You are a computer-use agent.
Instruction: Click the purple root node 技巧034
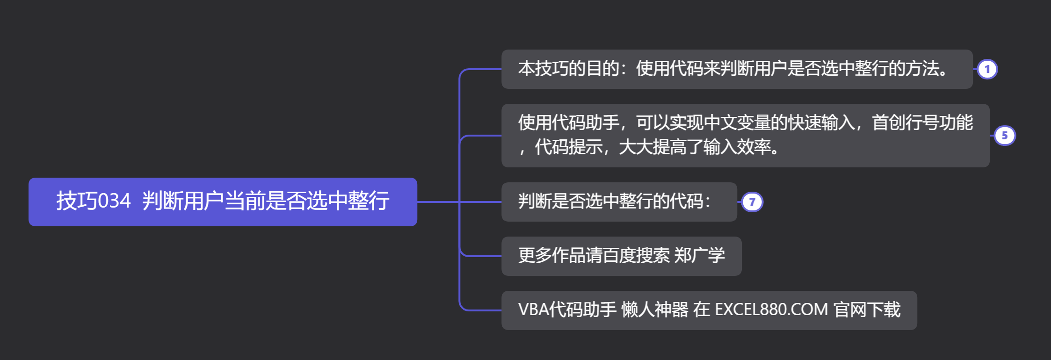point(223,202)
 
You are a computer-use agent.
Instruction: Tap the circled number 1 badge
point(987,70)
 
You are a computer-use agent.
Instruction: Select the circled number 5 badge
point(1004,136)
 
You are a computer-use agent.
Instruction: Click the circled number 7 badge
point(752,202)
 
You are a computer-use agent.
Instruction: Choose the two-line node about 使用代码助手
point(745,136)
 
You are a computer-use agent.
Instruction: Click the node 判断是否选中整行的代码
point(619,202)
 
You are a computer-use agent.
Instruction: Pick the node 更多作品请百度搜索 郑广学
point(621,256)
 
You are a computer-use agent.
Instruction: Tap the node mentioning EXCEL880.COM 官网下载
point(709,310)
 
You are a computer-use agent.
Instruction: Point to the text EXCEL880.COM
point(771,310)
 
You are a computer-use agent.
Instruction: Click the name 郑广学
point(700,256)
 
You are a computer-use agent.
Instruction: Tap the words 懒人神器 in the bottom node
point(655,310)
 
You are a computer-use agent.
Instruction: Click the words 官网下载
point(867,310)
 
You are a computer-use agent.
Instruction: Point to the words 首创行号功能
point(922,123)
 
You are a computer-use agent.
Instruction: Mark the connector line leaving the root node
point(437,202)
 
